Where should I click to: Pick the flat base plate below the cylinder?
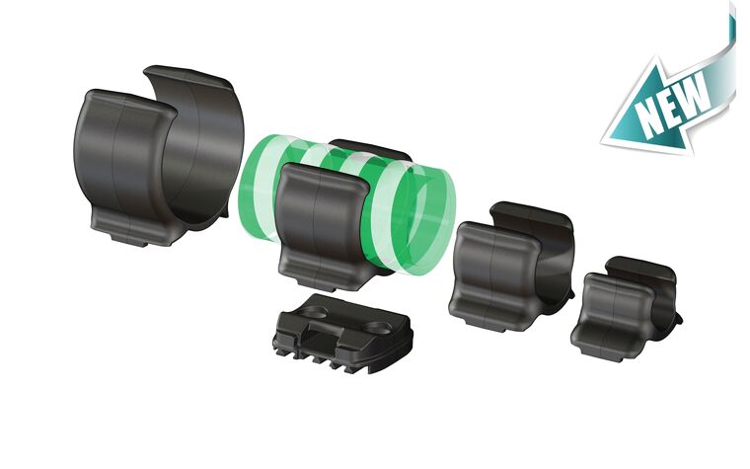coord(343,332)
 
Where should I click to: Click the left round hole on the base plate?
coord(315,313)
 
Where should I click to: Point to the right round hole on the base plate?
coord(378,328)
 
